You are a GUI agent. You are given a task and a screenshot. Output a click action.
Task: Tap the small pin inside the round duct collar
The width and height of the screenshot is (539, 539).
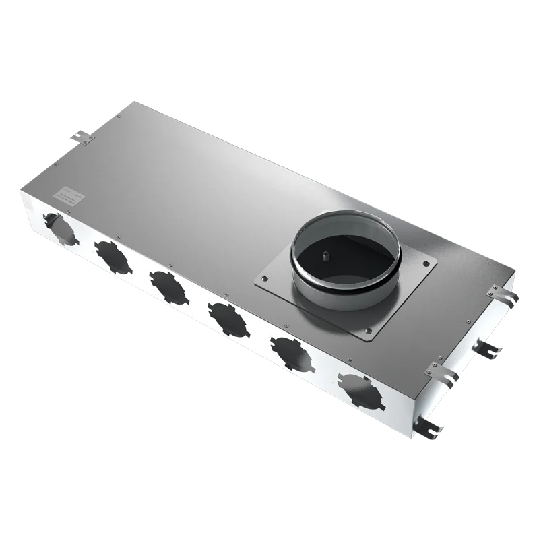pos(325,256)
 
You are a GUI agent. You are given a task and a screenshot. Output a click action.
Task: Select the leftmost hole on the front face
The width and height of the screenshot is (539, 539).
pos(60,228)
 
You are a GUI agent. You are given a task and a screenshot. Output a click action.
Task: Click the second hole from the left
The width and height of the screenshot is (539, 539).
pos(113,256)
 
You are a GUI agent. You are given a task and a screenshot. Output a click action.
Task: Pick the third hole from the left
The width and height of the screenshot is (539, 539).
pos(168,286)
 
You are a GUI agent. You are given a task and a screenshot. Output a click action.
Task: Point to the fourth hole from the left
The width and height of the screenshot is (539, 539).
pos(228,319)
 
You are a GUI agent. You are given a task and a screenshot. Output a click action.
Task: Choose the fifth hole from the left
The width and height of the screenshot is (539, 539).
pos(291,354)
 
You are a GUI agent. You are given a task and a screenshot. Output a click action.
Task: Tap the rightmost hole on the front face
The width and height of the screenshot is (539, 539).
pos(360,391)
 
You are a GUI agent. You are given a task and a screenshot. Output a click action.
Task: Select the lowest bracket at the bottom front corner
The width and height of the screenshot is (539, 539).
pos(427,427)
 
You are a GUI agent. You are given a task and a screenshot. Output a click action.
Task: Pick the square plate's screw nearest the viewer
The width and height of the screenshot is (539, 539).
pos(368,330)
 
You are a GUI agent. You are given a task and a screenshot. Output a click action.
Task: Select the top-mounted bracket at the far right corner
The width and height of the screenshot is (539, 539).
pos(503,294)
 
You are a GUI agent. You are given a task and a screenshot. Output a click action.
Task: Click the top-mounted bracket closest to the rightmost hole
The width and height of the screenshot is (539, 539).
pos(441,375)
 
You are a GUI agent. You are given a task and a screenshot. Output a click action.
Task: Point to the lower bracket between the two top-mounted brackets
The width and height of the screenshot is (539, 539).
pos(486,348)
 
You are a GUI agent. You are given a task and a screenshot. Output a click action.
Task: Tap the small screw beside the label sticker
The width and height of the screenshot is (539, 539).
pos(88,201)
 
